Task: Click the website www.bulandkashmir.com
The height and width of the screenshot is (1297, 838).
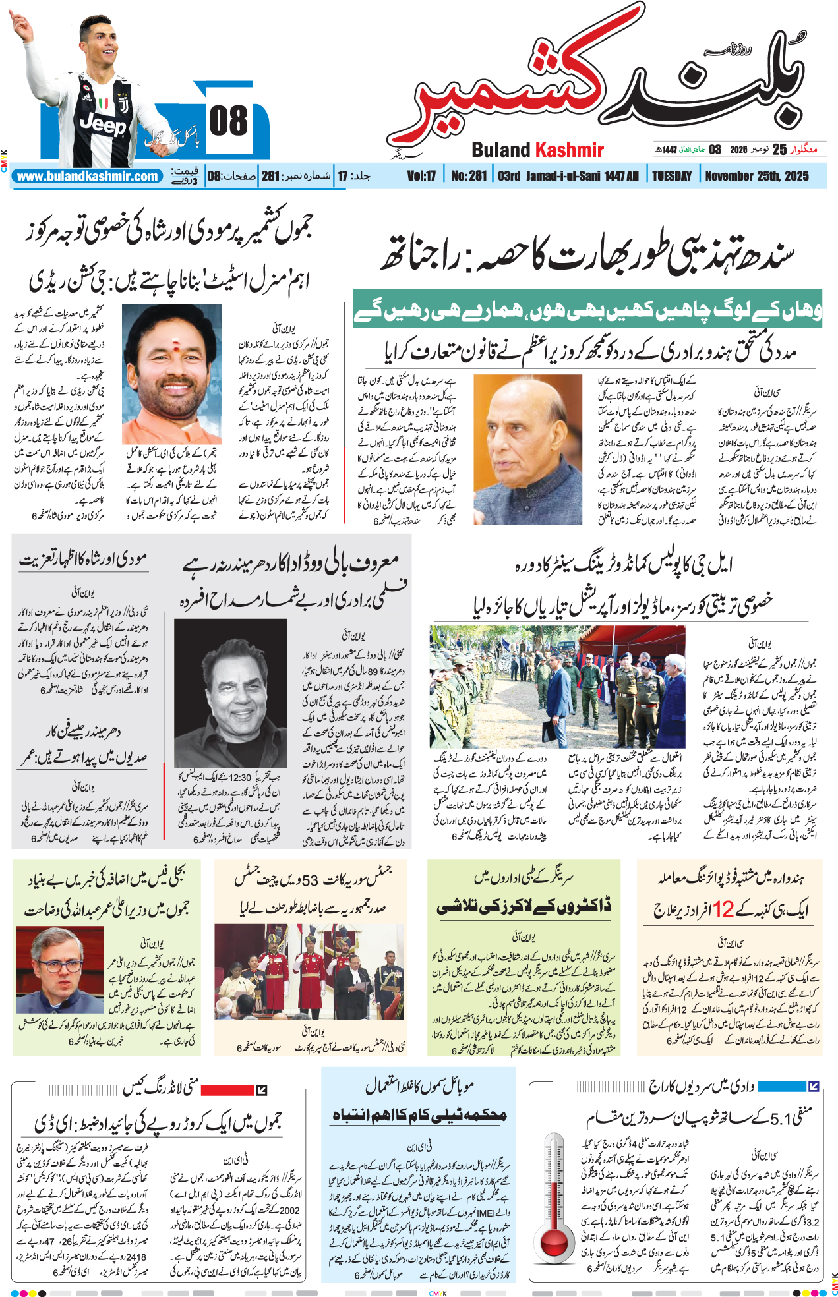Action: coord(88,176)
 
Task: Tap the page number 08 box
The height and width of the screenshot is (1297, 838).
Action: coord(229,123)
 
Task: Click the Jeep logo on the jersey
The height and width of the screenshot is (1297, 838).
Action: coord(103,124)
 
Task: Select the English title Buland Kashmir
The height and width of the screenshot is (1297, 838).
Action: coord(537,150)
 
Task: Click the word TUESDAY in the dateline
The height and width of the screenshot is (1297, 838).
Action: coord(672,176)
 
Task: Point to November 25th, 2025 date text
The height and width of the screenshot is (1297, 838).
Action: coord(757,176)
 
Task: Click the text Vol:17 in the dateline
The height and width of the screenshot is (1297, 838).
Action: coord(421,176)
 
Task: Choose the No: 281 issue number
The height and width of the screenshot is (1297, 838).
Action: coord(469,176)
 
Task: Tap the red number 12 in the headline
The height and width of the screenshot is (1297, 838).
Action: coord(723,910)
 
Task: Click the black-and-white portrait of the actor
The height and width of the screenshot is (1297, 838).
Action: coord(230,692)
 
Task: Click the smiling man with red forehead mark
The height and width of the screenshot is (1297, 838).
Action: coord(171,374)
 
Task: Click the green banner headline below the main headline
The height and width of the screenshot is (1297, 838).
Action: coord(587,308)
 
